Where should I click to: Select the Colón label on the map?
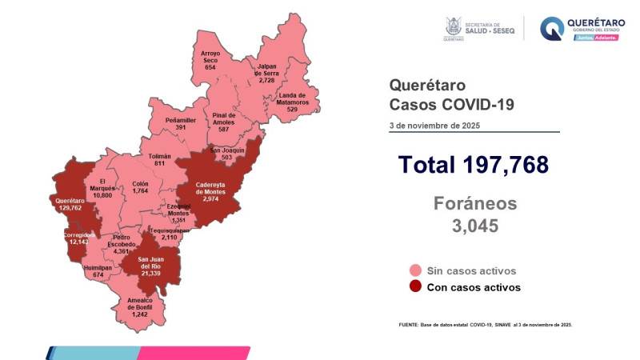141,183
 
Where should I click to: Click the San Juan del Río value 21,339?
153,273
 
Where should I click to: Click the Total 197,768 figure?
474,165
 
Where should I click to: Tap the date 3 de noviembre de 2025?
436,126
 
